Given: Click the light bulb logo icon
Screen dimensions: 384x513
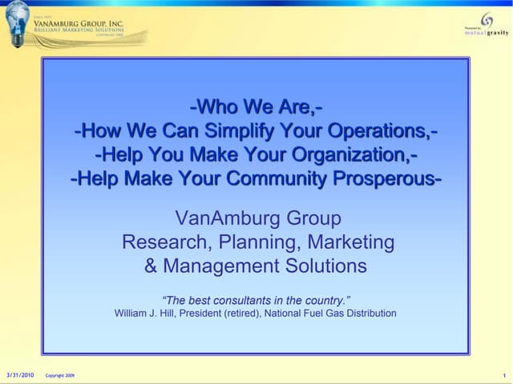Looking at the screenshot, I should [18, 22].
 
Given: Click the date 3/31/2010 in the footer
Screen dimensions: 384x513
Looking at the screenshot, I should [20, 374].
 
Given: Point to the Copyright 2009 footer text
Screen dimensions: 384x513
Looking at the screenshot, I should [60, 375].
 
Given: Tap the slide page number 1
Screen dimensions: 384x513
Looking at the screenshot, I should [503, 375].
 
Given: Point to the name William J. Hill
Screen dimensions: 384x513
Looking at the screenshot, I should [147, 313].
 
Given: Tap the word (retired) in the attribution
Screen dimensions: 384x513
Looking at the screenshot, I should [240, 313].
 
